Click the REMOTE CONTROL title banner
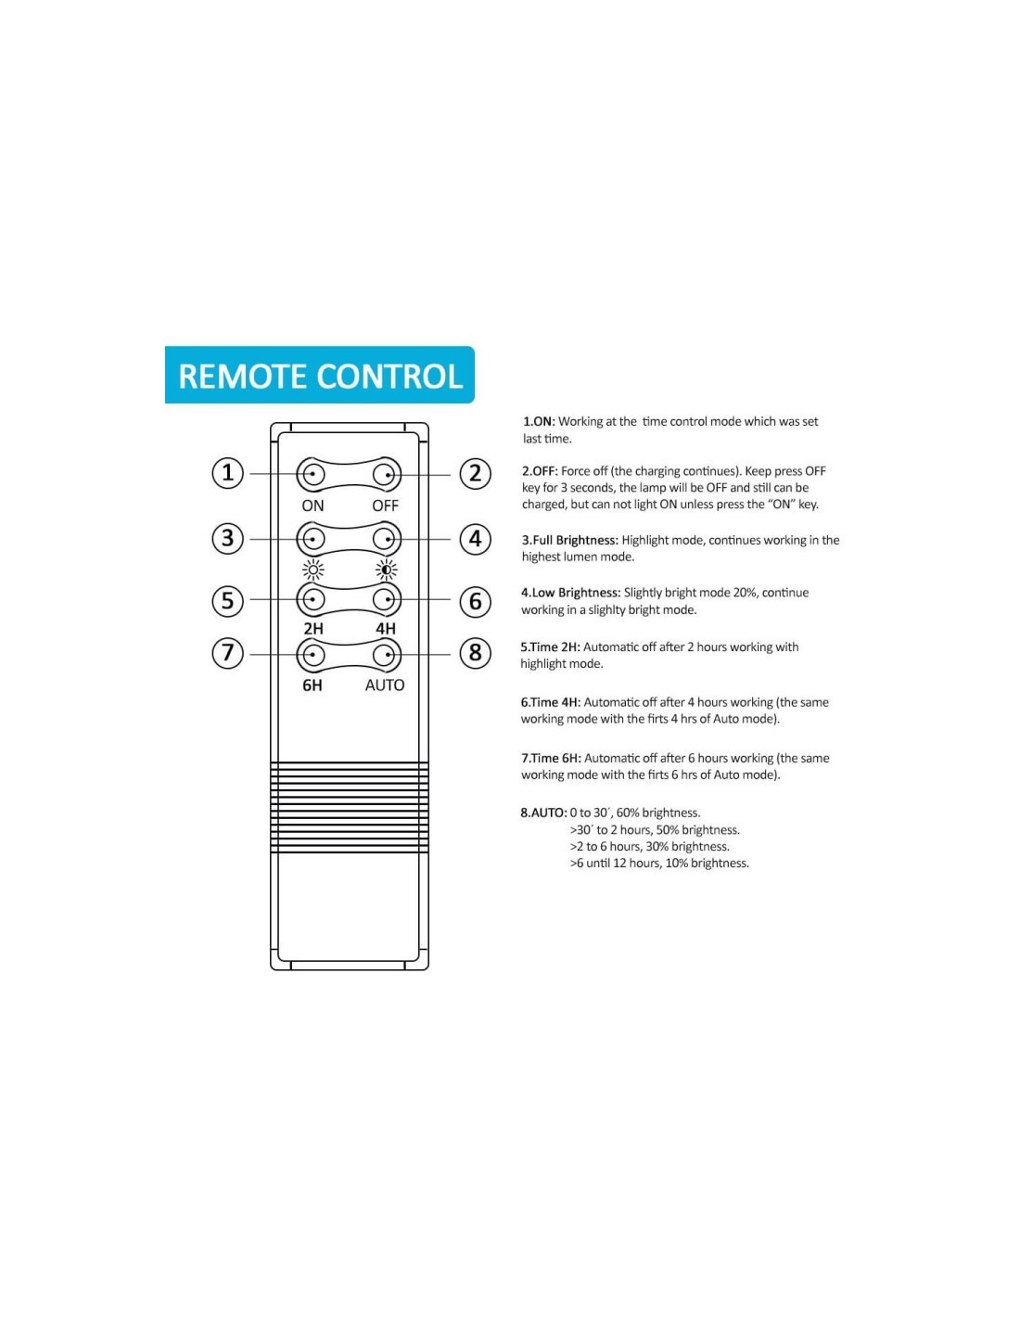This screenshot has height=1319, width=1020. pyautogui.click(x=320, y=376)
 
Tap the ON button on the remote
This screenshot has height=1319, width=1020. pyautogui.click(x=312, y=475)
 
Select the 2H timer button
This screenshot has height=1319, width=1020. pyautogui.click(x=312, y=600)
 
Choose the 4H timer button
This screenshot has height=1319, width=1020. pyautogui.click(x=385, y=600)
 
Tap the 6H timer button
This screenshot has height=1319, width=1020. pyautogui.click(x=312, y=655)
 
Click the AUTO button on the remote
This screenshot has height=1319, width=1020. pyautogui.click(x=385, y=655)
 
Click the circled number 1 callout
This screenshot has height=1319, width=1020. pyautogui.click(x=228, y=473)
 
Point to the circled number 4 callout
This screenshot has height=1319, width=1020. pyautogui.click(x=476, y=538)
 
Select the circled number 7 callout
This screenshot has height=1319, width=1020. pyautogui.click(x=228, y=653)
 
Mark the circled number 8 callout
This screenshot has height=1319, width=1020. pyautogui.click(x=476, y=653)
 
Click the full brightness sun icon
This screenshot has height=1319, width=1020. pyautogui.click(x=313, y=570)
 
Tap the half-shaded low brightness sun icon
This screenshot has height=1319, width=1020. pyautogui.click(x=386, y=570)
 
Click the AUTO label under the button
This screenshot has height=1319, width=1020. pyautogui.click(x=385, y=685)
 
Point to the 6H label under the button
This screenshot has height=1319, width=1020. pyautogui.click(x=312, y=685)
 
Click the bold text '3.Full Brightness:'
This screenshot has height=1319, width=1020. pyautogui.click(x=569, y=540)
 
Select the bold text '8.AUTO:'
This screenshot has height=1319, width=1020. pyautogui.click(x=543, y=813)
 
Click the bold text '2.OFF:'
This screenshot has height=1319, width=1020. pyautogui.click(x=540, y=471)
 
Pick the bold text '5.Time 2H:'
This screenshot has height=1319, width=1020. pyautogui.click(x=550, y=647)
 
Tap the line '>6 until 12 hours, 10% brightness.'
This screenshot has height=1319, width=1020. pyautogui.click(x=659, y=864)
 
